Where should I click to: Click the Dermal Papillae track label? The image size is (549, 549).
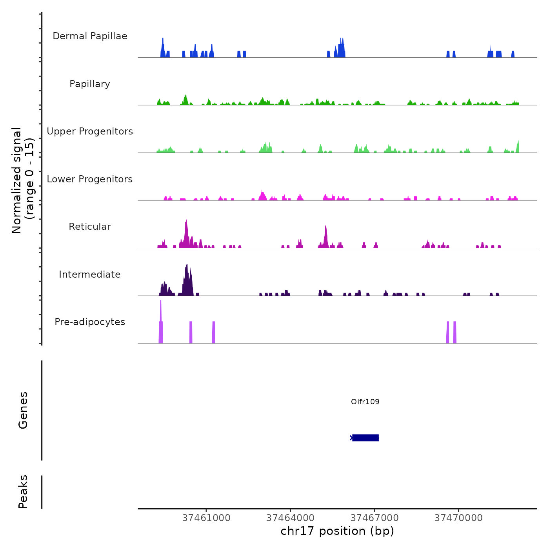[x=90, y=36]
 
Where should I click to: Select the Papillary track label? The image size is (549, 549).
[x=90, y=84]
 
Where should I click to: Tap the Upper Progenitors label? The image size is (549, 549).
[x=90, y=131]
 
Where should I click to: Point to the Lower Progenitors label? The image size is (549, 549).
[x=90, y=179]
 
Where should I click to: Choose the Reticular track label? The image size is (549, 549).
[x=90, y=227]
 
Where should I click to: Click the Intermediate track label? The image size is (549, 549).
[x=90, y=274]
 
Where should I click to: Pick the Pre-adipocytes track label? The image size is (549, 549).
[x=90, y=322]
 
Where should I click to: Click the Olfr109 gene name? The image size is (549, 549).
[x=365, y=402]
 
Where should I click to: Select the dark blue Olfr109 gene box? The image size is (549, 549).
[x=365, y=438]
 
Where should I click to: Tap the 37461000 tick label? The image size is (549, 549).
[x=206, y=518]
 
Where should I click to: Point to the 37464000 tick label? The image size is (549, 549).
[x=290, y=518]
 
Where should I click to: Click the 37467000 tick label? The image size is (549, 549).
[x=374, y=518]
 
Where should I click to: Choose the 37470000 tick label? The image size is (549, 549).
[x=458, y=518]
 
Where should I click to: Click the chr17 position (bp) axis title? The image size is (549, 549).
[x=337, y=531]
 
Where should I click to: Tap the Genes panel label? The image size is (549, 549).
[x=23, y=410]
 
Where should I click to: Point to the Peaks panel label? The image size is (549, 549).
[x=23, y=492]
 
